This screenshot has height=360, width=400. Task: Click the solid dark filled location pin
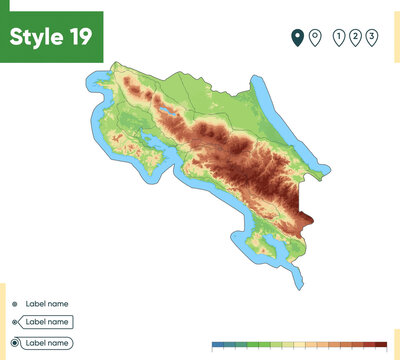click(x=297, y=38)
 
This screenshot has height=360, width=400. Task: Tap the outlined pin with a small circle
click(x=315, y=38)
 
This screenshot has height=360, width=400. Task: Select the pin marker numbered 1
click(x=340, y=38)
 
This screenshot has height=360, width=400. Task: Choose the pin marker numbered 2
click(x=356, y=38)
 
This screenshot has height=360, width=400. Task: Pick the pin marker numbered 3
click(x=372, y=38)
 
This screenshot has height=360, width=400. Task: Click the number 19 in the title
click(x=81, y=37)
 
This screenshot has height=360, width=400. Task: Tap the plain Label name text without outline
click(x=46, y=303)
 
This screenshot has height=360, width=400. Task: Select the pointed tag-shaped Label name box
click(x=46, y=322)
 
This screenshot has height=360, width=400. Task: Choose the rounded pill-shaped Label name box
click(x=46, y=343)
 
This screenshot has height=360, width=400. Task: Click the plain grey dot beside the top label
click(x=14, y=303)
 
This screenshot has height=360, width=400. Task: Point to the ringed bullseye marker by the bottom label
click(x=14, y=343)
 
